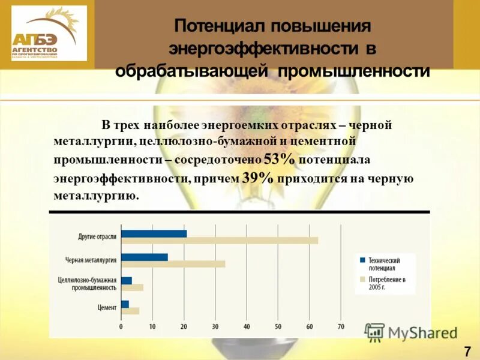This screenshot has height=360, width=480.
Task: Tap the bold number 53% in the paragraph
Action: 280,160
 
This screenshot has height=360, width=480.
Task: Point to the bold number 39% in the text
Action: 258,178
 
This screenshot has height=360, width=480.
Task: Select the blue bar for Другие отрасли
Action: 154,233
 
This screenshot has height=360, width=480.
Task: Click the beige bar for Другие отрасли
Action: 220,241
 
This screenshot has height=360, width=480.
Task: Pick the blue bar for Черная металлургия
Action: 144,257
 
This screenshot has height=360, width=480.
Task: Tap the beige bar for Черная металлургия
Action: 173,263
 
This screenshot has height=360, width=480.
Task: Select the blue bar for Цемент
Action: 125,304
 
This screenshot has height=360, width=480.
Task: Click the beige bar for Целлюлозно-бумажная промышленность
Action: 132,287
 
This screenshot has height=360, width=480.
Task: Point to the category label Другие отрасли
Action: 97,237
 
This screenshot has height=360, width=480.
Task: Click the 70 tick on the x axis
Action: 341,327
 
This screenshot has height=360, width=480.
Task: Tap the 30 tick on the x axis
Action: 215,327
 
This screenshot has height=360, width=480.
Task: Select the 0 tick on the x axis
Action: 121,327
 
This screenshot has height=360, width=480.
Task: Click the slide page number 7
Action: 467,352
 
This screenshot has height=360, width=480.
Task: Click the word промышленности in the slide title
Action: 353,71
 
